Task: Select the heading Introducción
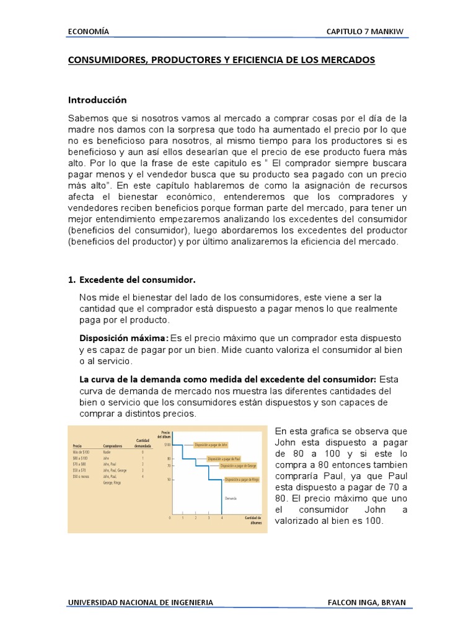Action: (x=97, y=100)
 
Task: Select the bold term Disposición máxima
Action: (x=123, y=338)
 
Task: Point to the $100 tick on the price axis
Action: (x=167, y=445)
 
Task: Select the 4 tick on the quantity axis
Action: (x=221, y=518)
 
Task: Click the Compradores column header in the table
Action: (x=112, y=445)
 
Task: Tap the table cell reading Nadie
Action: (x=108, y=451)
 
